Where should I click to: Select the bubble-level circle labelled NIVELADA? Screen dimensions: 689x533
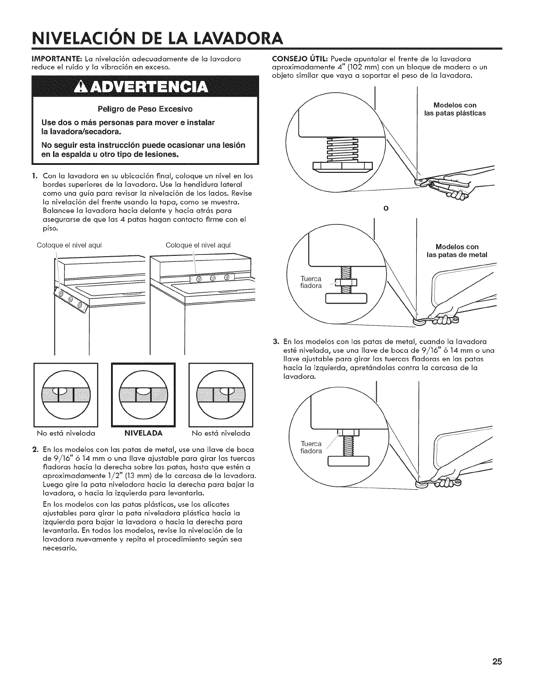tap(143, 395)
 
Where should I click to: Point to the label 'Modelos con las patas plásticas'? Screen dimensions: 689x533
tap(455, 109)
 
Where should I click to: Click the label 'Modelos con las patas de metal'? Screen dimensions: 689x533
tap(457, 251)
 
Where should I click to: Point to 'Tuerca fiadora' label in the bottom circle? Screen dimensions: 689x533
tap(311, 447)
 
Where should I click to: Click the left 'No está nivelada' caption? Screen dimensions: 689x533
tap(66, 433)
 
